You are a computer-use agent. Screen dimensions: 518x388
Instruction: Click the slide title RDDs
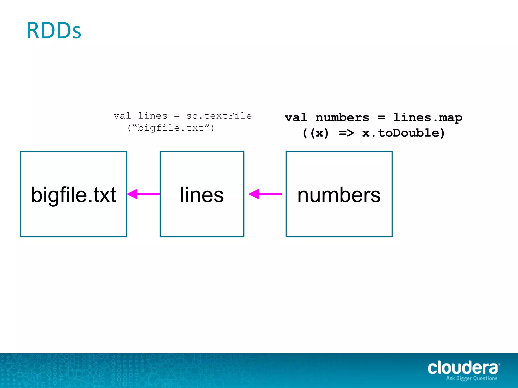tap(54, 31)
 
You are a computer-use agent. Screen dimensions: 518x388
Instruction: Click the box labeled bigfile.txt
tap(73, 194)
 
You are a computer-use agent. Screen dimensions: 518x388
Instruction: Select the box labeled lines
tap(202, 194)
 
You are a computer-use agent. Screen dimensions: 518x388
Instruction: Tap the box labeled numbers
tap(339, 194)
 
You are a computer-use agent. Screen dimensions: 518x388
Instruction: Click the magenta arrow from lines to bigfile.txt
tap(143, 194)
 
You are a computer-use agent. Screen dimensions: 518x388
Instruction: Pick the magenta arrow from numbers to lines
tap(265, 194)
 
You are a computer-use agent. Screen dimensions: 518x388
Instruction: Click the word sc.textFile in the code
tap(219, 116)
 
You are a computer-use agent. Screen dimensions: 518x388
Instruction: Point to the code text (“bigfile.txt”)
tap(171, 128)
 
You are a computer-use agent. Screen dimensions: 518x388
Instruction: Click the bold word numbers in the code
tap(342, 118)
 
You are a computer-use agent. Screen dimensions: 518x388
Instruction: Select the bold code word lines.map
tap(428, 118)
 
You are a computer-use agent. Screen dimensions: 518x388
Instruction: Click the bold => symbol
tap(347, 133)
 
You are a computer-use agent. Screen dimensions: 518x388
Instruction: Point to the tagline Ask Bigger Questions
tap(472, 378)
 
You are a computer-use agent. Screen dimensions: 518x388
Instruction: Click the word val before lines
tap(122, 116)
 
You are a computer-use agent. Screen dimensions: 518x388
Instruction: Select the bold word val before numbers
tap(296, 118)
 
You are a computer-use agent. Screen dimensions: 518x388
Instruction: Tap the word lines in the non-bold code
tap(153, 116)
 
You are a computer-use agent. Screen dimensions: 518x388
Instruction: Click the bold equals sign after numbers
tap(381, 118)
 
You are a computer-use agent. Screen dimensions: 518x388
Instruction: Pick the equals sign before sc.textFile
tap(177, 116)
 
